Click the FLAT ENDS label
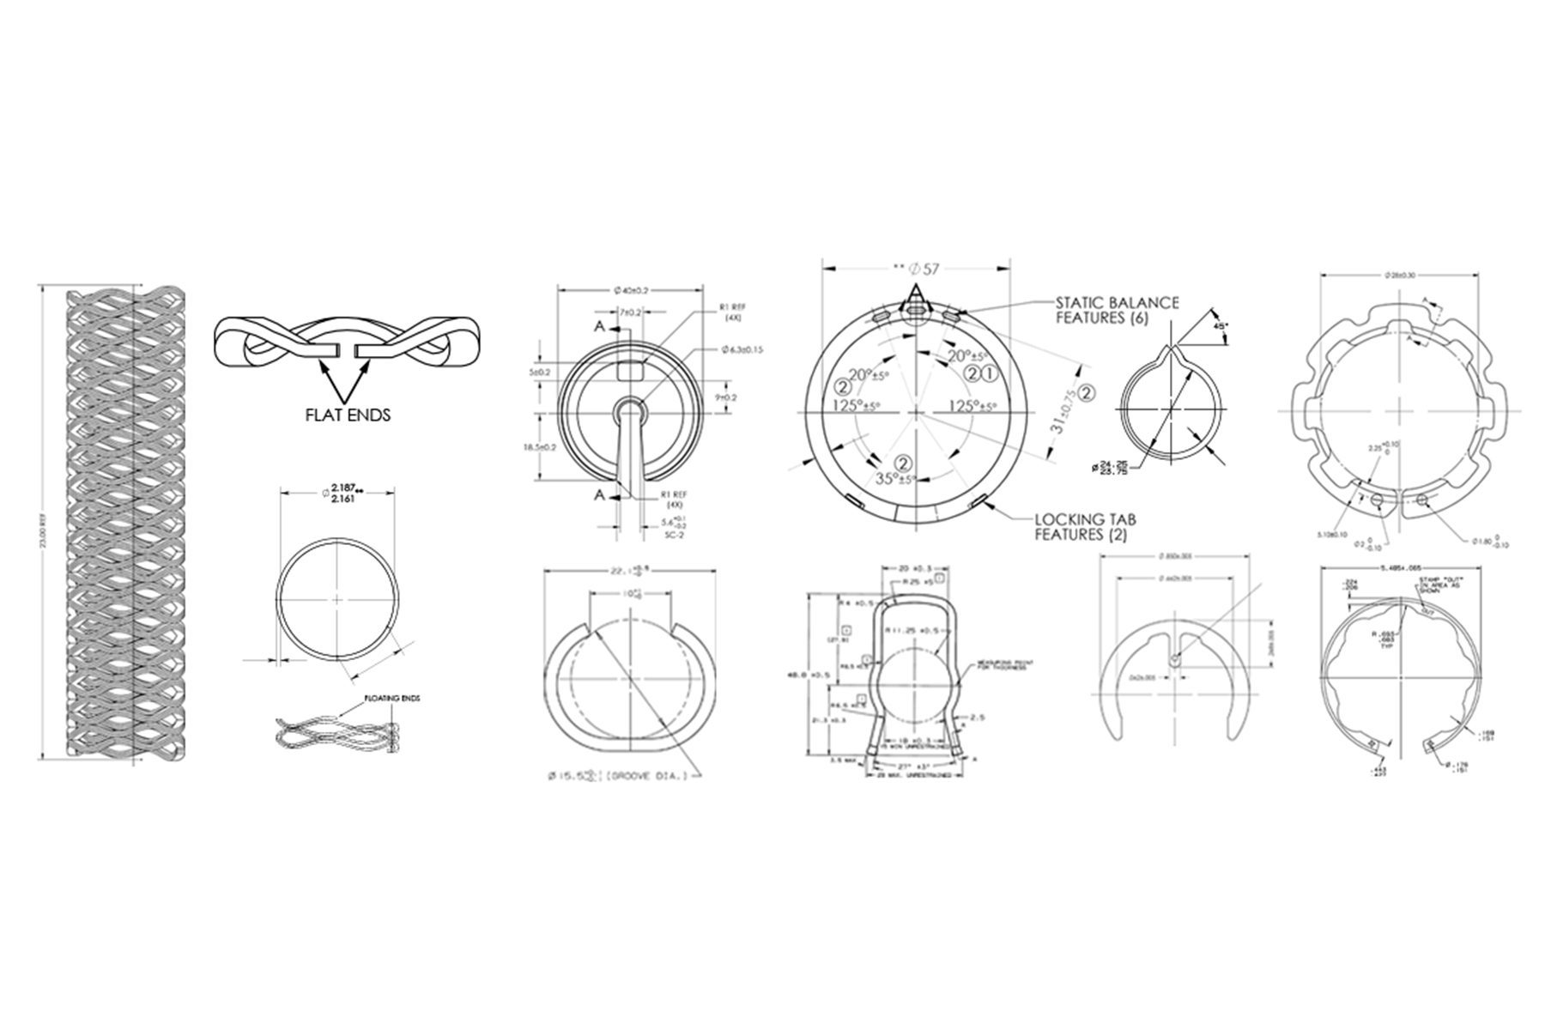click(348, 415)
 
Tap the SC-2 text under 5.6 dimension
click(662, 535)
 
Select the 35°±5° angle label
click(895, 479)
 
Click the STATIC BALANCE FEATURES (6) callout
click(1117, 311)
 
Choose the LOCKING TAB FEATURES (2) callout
click(1090, 527)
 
